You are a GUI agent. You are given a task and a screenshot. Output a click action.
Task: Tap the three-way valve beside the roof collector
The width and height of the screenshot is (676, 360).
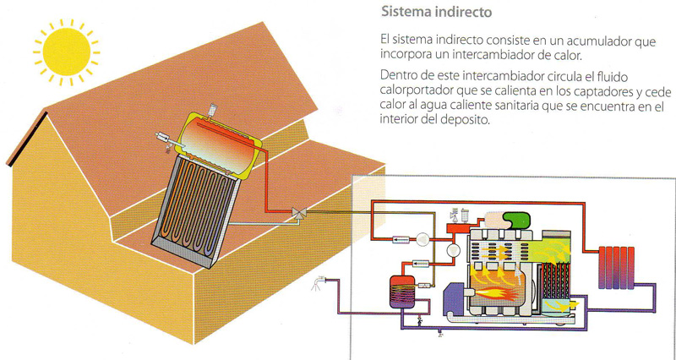[x=297, y=214]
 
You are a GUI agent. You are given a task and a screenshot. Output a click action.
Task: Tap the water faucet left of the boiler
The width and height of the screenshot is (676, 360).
[x=319, y=282]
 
